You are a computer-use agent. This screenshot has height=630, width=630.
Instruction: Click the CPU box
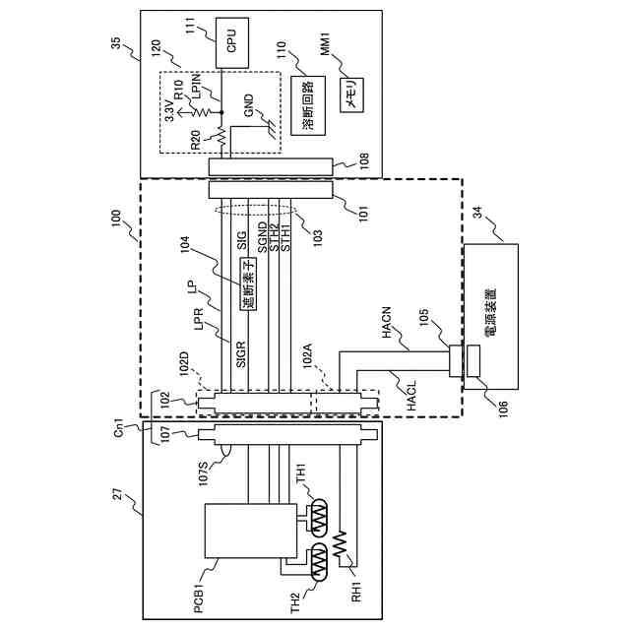coord(229,42)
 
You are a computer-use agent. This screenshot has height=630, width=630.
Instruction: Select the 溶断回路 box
coord(307,105)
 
